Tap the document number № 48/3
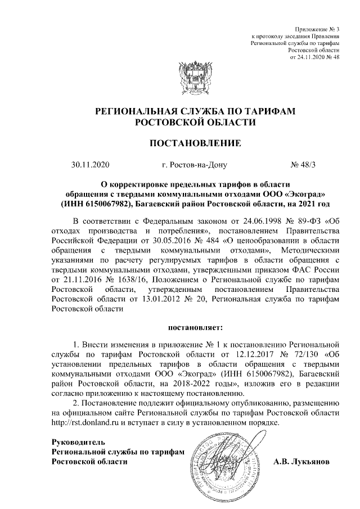(x=304, y=165)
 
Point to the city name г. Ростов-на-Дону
(x=193, y=165)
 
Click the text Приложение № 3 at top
(x=317, y=29)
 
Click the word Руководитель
(x=78, y=442)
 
